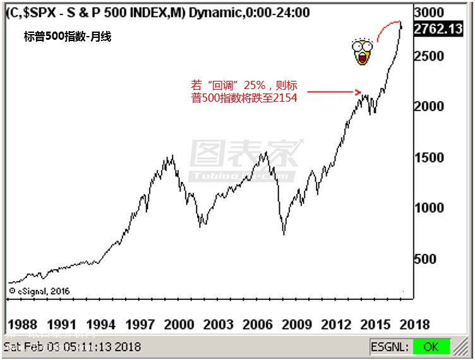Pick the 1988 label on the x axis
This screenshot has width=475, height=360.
click(23, 325)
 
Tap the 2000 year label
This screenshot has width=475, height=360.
click(179, 325)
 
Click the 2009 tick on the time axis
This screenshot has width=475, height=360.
click(296, 325)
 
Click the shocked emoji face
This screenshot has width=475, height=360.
click(361, 52)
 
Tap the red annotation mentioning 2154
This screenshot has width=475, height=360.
click(244, 91)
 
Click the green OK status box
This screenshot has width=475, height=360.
click(431, 347)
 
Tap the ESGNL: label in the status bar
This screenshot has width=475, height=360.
click(390, 347)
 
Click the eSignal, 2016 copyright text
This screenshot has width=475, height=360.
click(39, 291)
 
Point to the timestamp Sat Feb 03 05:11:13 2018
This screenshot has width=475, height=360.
click(73, 347)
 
